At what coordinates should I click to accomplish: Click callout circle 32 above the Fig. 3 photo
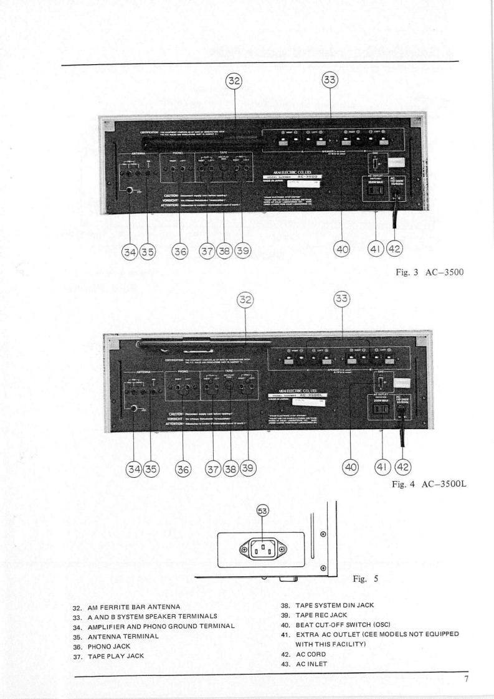coord(234,81)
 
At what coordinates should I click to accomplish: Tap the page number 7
coord(467,678)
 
